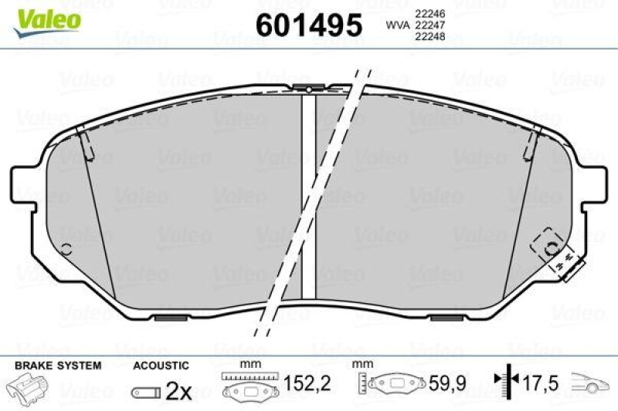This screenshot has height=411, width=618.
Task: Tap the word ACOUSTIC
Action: (161, 365)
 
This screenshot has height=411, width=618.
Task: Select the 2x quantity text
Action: (178, 392)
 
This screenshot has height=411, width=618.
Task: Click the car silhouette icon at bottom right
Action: (591, 383)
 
